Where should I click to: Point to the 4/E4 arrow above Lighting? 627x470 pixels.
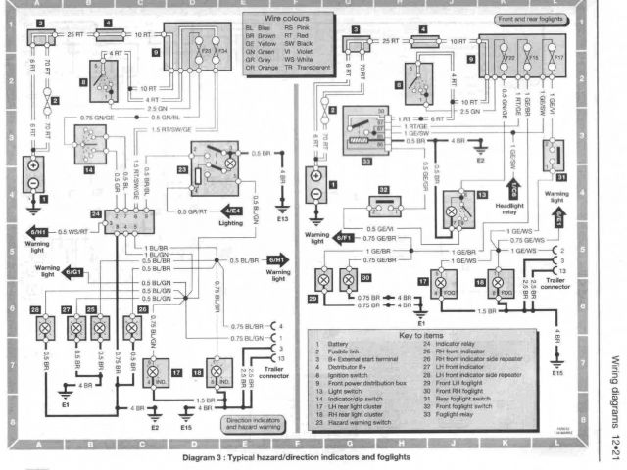tap(233, 210)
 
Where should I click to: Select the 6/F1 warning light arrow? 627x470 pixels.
tap(344, 238)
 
